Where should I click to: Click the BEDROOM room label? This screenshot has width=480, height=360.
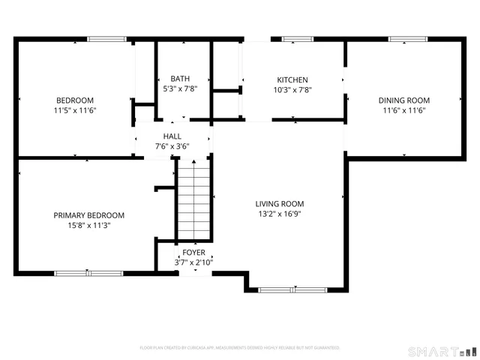pyautogui.click(x=75, y=100)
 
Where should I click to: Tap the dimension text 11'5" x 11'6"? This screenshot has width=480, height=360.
pyautogui.click(x=75, y=110)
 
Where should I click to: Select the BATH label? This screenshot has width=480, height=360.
pyautogui.click(x=180, y=79)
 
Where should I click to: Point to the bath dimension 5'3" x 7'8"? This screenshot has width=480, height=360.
pyautogui.click(x=180, y=88)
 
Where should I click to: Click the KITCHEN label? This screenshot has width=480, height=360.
pyautogui.click(x=292, y=80)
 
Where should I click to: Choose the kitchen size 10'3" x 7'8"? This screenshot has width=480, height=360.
pyautogui.click(x=292, y=90)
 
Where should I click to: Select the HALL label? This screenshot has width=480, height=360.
pyautogui.click(x=172, y=136)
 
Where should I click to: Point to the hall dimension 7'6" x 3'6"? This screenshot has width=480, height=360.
pyautogui.click(x=172, y=146)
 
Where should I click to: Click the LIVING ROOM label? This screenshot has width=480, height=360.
pyautogui.click(x=280, y=203)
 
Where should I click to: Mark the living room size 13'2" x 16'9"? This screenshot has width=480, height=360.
pyautogui.click(x=280, y=213)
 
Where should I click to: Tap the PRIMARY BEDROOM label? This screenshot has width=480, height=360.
pyautogui.click(x=88, y=215)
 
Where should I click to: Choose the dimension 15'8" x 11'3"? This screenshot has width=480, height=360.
pyautogui.click(x=88, y=225)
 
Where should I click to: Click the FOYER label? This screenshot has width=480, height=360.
pyautogui.click(x=193, y=253)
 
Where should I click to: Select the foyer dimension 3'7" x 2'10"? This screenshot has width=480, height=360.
pyautogui.click(x=193, y=262)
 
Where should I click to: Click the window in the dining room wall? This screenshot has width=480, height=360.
pyautogui.click(x=403, y=38)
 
